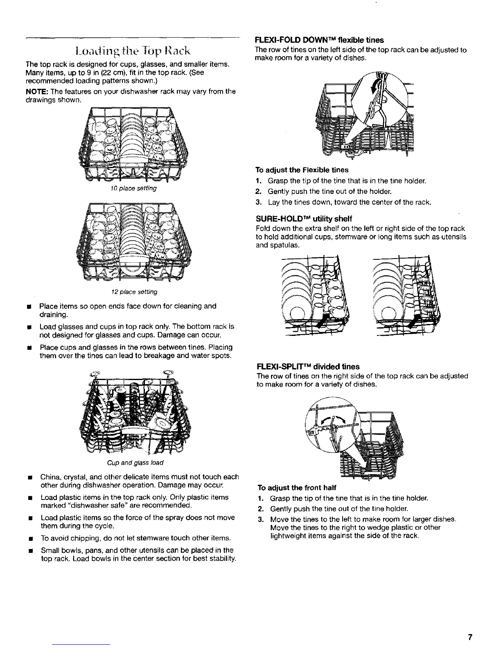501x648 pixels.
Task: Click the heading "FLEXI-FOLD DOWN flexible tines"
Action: (319, 40)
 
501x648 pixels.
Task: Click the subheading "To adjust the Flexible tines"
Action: (302, 170)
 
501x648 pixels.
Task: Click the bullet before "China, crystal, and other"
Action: (30, 477)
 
